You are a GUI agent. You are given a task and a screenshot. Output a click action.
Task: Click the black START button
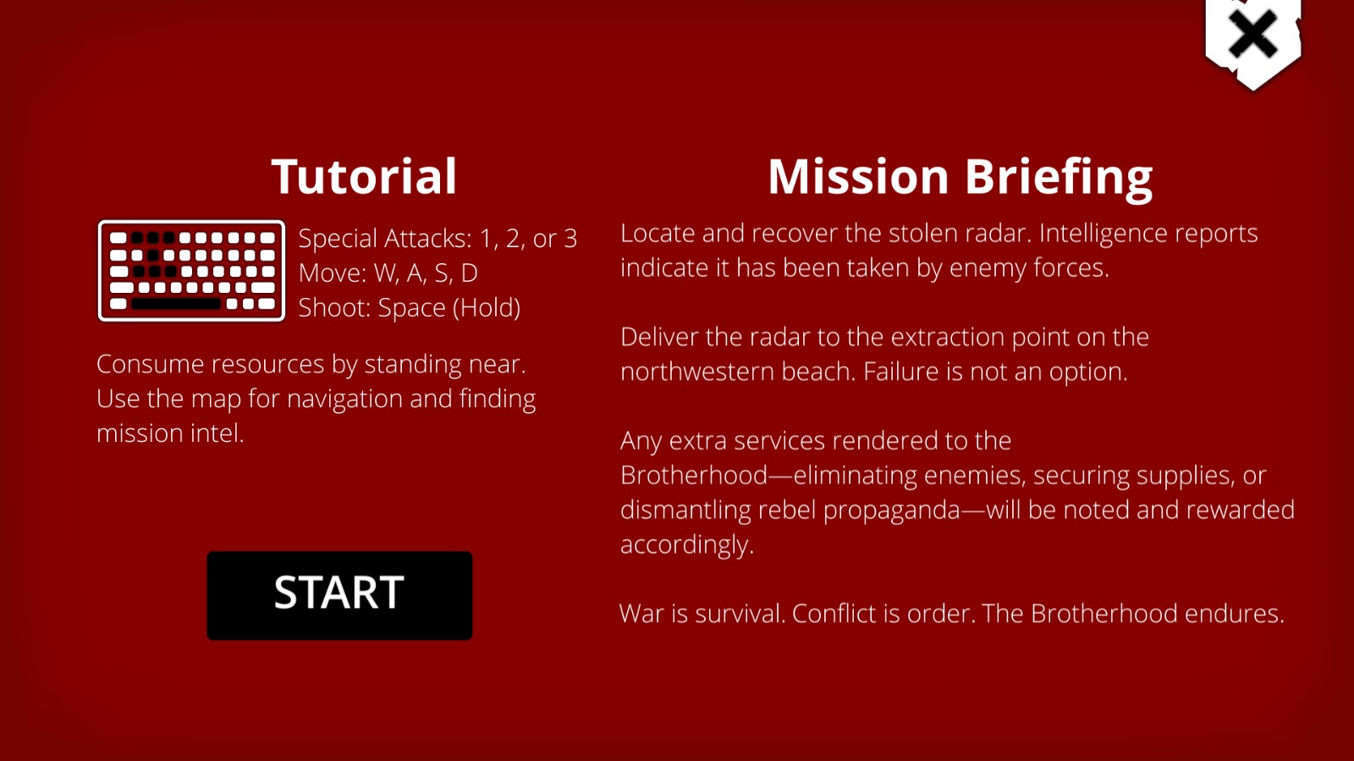pyautogui.click(x=339, y=595)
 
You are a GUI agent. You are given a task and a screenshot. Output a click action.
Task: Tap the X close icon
pyautogui.click(x=1252, y=35)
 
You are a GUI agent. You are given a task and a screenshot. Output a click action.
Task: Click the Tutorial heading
pyautogui.click(x=364, y=176)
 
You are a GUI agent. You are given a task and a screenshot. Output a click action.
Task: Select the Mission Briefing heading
pyautogui.click(x=960, y=177)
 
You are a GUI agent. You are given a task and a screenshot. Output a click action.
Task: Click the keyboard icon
pyautogui.click(x=191, y=270)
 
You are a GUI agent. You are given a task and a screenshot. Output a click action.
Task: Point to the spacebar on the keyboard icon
pyautogui.click(x=176, y=303)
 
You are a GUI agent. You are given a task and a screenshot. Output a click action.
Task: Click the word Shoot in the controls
pyautogui.click(x=333, y=307)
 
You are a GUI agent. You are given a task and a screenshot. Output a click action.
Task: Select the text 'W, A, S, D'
pyautogui.click(x=427, y=273)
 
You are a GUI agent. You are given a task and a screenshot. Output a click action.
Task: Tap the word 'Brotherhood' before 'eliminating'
pyautogui.click(x=694, y=475)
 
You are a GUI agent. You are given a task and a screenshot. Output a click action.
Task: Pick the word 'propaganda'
pyautogui.click(x=892, y=510)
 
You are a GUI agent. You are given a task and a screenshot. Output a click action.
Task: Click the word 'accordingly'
pyautogui.click(x=686, y=545)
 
